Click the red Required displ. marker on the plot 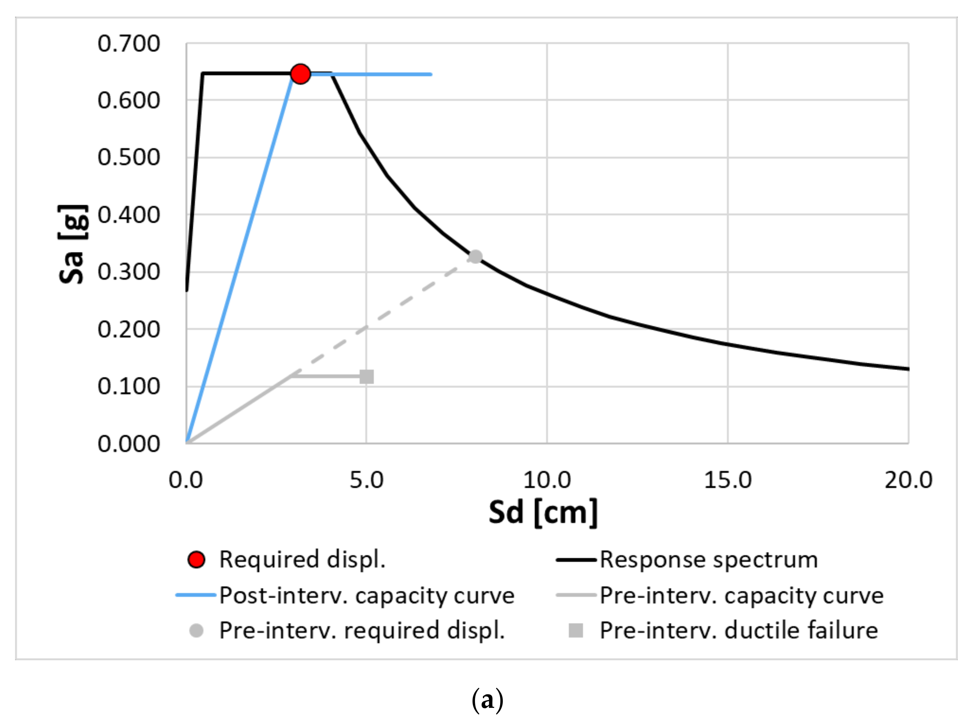click(x=300, y=74)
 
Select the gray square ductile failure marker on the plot click(x=367, y=376)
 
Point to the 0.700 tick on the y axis click(x=128, y=44)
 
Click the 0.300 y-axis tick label click(x=128, y=272)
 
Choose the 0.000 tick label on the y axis click(x=128, y=444)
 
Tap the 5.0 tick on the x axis click(x=366, y=480)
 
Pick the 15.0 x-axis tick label click(x=728, y=480)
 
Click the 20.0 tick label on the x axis click(x=908, y=480)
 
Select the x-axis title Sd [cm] click(x=543, y=512)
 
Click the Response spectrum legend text click(x=708, y=559)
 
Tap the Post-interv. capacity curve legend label click(x=367, y=595)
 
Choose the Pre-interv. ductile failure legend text click(x=739, y=630)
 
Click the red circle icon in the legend click(x=196, y=559)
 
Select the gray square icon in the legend click(x=576, y=630)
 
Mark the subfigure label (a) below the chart click(x=487, y=700)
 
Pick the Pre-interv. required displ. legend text click(x=362, y=630)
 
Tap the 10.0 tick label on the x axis click(x=547, y=480)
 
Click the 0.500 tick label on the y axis click(x=128, y=157)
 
